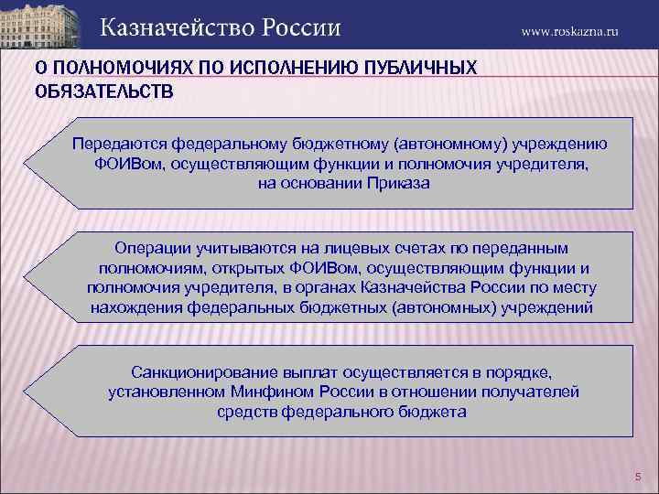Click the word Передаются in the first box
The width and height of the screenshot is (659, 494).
click(x=115, y=145)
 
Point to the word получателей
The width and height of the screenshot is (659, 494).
click(x=529, y=392)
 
